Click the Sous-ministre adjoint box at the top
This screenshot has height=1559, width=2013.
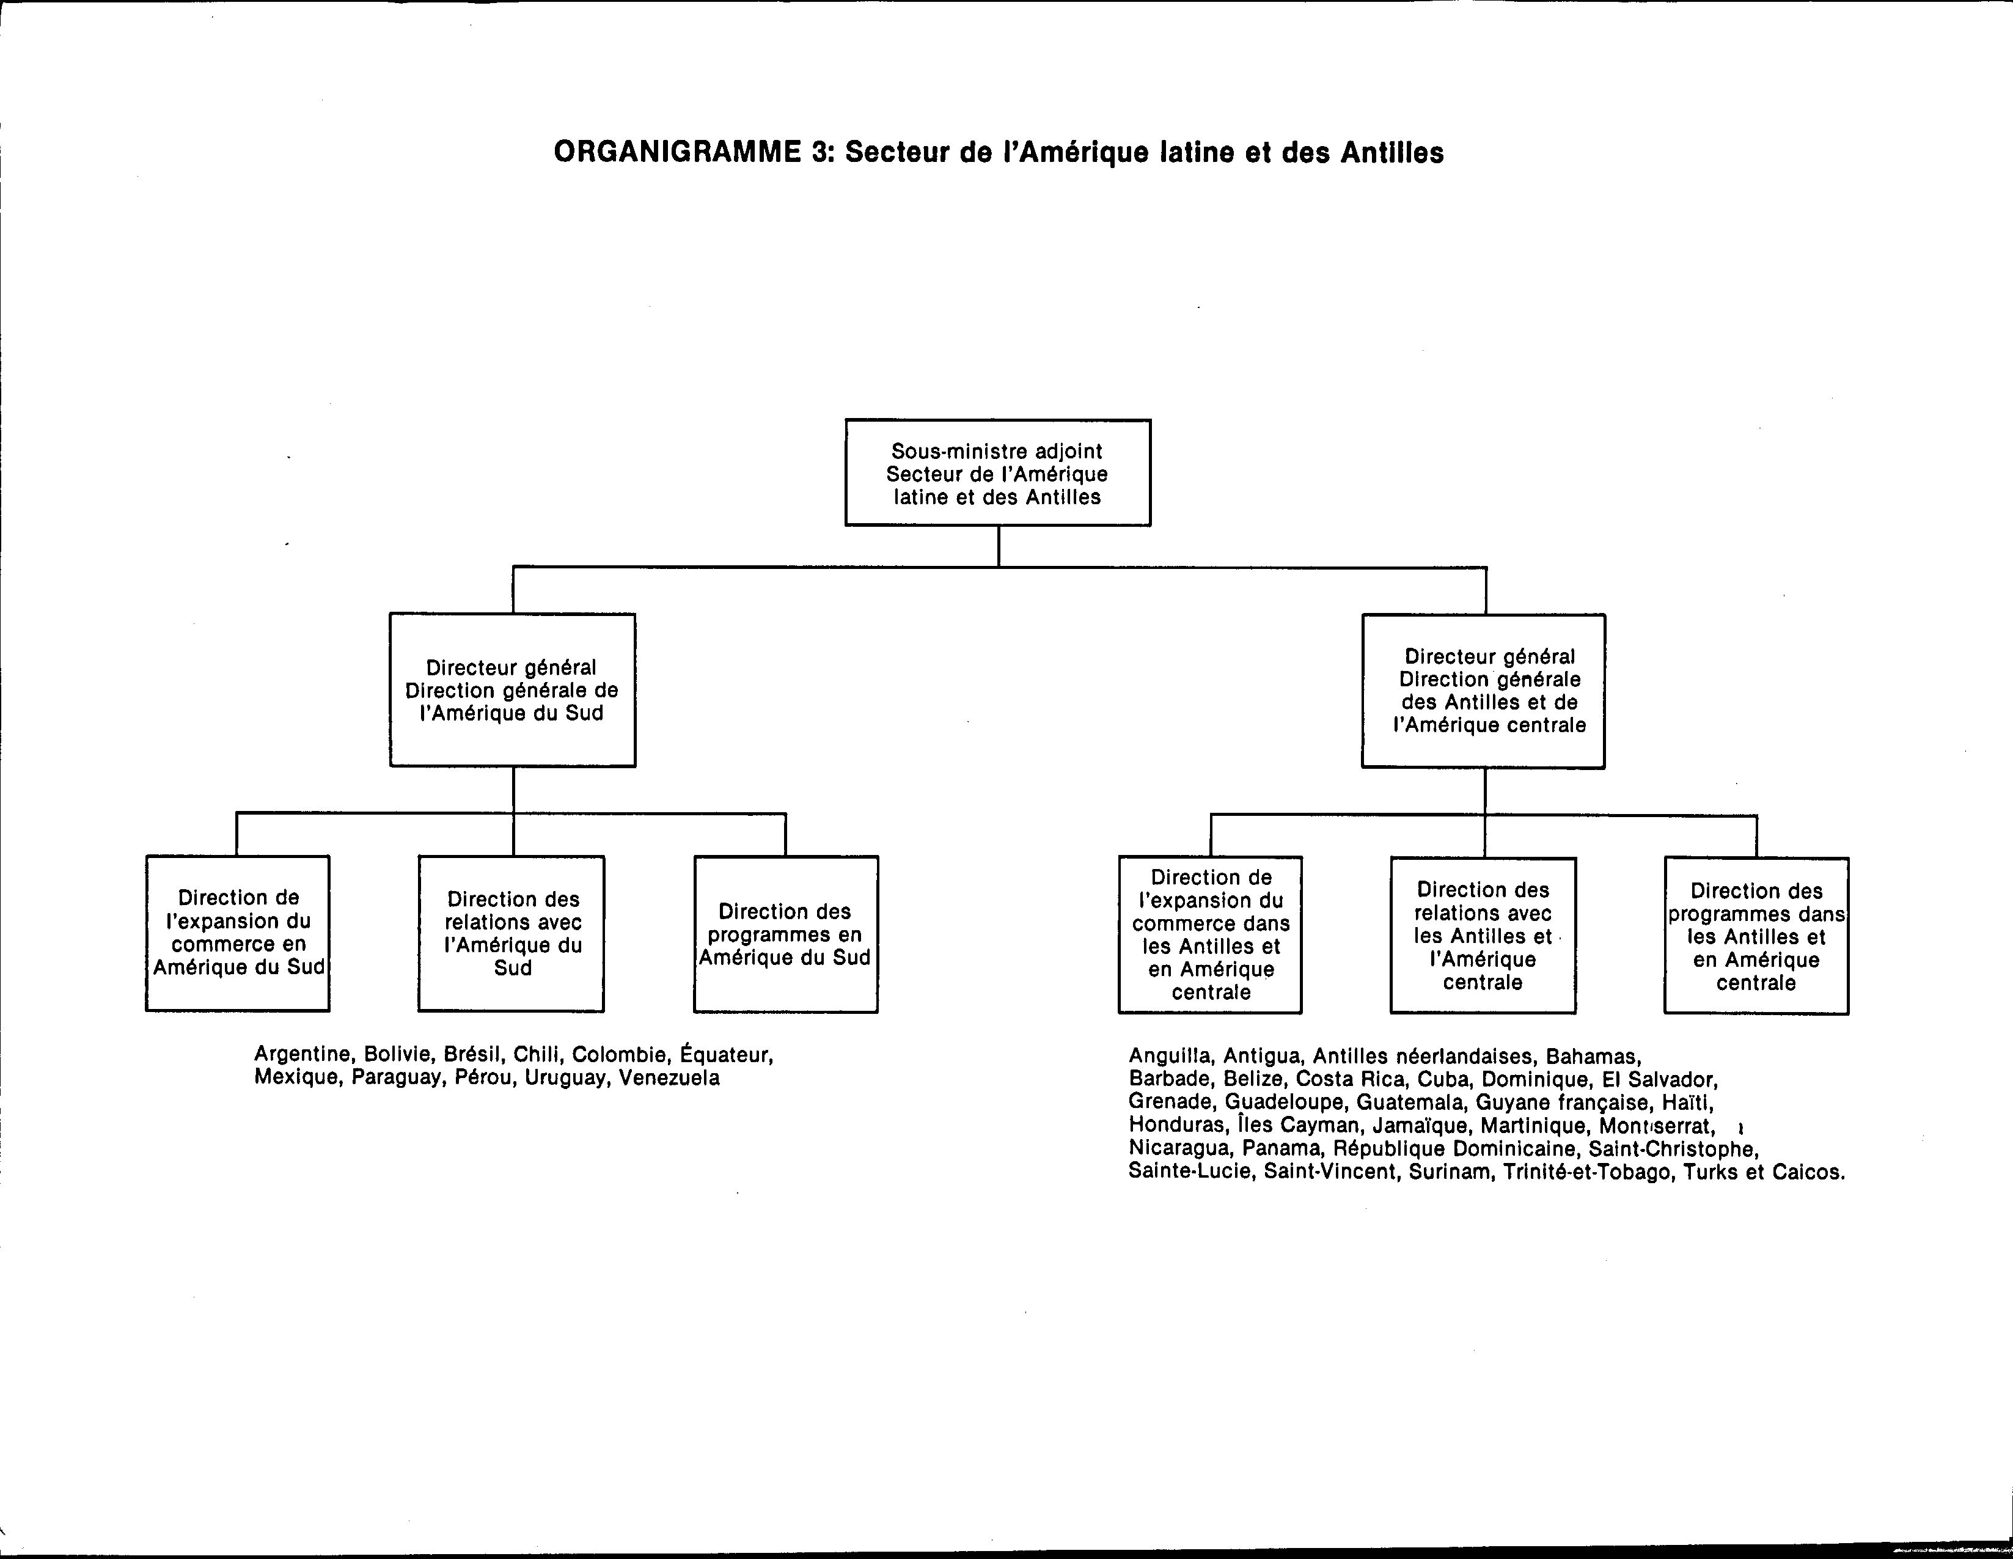(x=998, y=473)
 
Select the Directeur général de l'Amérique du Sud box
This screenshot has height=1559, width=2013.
(x=513, y=689)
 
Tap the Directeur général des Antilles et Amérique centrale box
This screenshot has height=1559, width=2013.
(x=1484, y=691)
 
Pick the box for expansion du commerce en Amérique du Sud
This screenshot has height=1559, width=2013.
(x=238, y=933)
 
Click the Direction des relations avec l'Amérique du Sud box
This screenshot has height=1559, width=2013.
(x=512, y=933)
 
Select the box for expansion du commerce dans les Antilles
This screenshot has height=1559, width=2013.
(x=1210, y=935)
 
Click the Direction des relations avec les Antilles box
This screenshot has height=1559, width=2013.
(x=1483, y=935)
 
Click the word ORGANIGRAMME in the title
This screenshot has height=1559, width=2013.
(x=678, y=152)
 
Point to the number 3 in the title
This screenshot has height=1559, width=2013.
(x=818, y=152)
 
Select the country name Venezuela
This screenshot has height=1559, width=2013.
(x=669, y=1078)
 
